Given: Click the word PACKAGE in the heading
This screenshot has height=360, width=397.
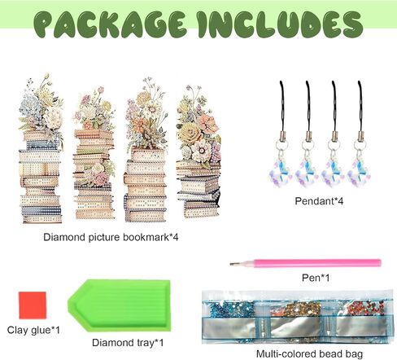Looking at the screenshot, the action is (110, 24).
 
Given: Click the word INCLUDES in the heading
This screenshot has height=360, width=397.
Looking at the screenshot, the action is (280, 24).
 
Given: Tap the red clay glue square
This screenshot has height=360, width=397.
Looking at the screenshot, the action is (33, 305).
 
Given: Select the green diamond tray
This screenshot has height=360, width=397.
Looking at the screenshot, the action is (120, 305).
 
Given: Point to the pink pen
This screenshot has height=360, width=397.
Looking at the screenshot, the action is (305, 263).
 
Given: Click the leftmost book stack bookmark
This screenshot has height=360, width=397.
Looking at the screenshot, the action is (41, 148).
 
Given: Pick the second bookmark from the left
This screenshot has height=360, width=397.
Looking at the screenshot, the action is (94, 153).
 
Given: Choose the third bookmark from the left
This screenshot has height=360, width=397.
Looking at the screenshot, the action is (146, 150).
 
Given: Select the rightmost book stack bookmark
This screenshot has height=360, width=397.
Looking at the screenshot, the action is (198, 151).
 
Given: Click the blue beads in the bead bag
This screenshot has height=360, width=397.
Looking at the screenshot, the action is (233, 309).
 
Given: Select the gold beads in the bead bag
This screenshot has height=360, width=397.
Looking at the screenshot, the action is (298, 309).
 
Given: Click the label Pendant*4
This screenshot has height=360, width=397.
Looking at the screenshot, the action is (319, 201).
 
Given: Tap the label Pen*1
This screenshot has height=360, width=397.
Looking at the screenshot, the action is (316, 278).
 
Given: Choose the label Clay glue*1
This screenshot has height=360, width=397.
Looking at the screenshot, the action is (33, 330).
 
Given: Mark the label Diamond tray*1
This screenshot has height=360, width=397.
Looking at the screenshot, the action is (128, 343).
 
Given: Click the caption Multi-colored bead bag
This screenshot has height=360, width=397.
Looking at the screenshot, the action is (309, 353).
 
